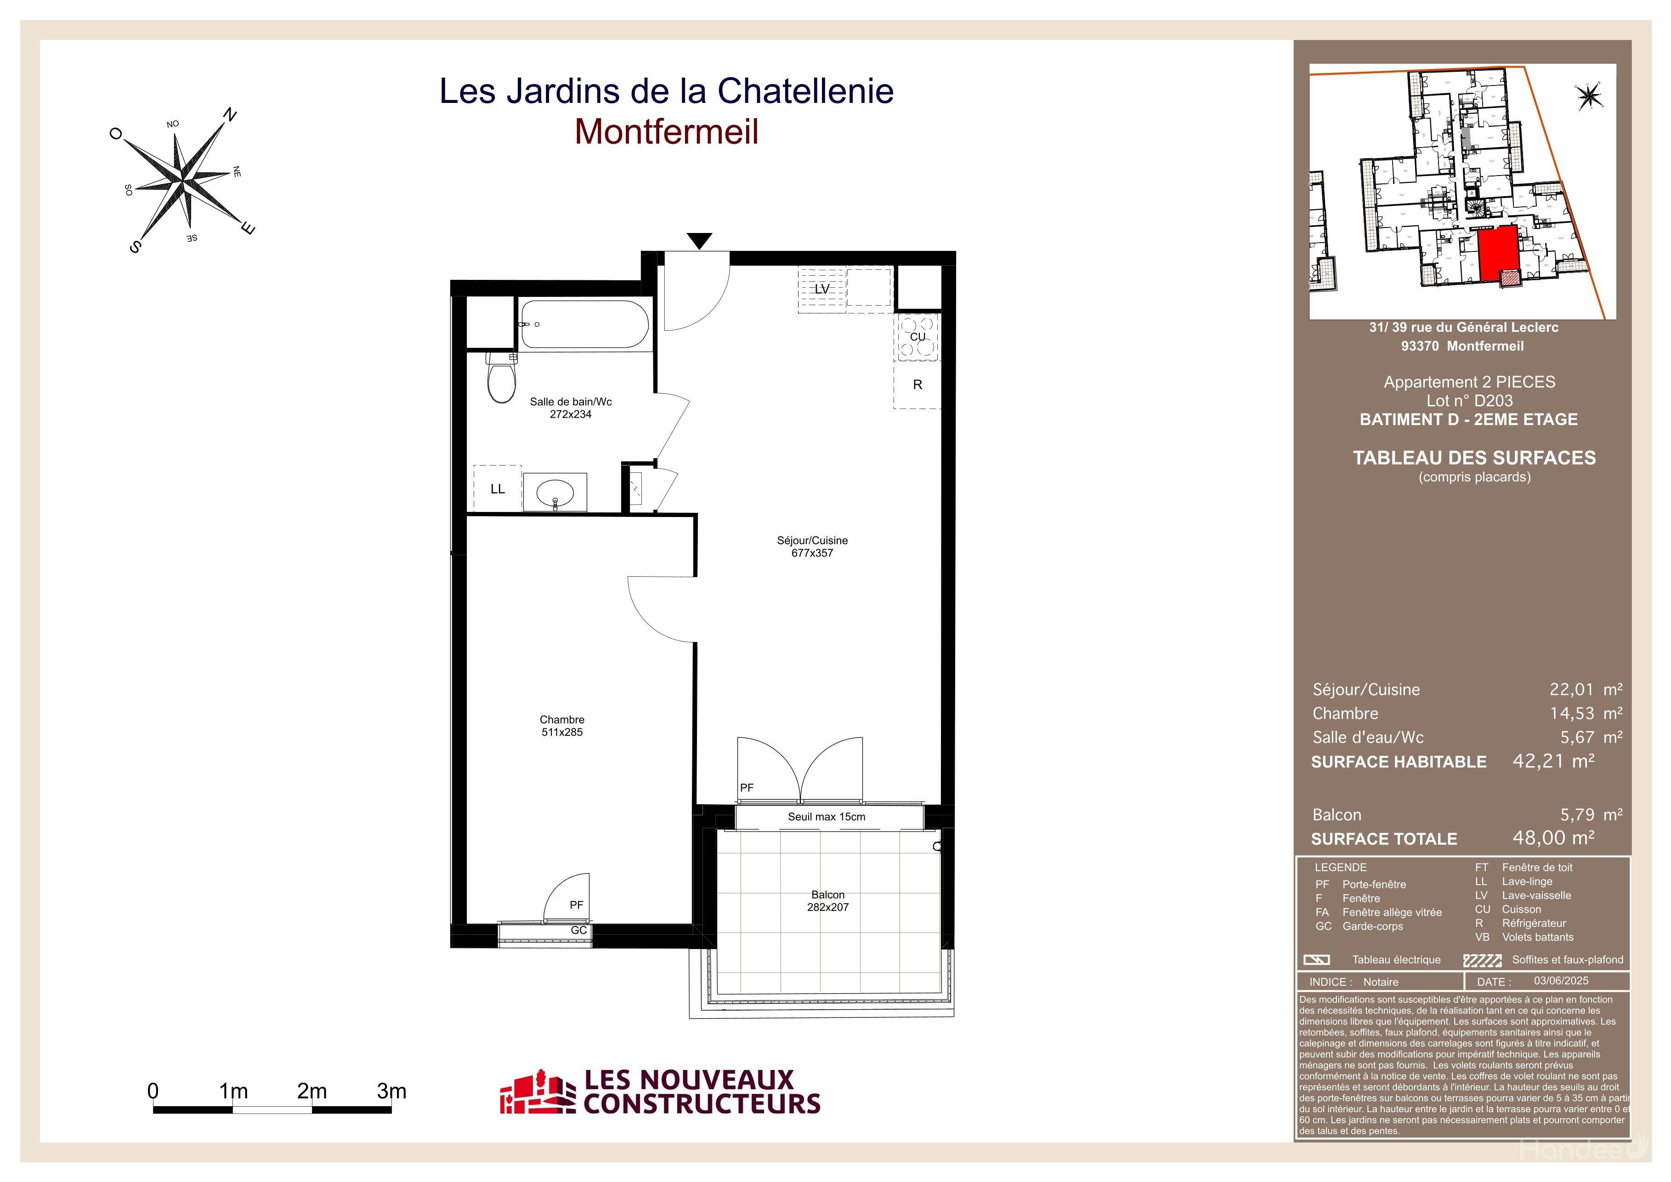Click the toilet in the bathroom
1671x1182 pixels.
[501, 377]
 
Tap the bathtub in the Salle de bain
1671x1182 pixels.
[583, 324]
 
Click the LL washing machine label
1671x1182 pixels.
[498, 489]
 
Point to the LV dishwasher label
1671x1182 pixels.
[821, 289]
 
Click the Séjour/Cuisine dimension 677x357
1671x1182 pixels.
[812, 553]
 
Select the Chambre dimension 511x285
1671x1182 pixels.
[562, 732]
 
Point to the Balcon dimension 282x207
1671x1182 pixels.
[827, 907]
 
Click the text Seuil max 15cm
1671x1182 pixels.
[827, 817]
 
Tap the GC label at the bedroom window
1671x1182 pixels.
[578, 930]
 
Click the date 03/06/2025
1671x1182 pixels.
[1561, 981]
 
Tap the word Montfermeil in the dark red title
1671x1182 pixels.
[667, 132]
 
